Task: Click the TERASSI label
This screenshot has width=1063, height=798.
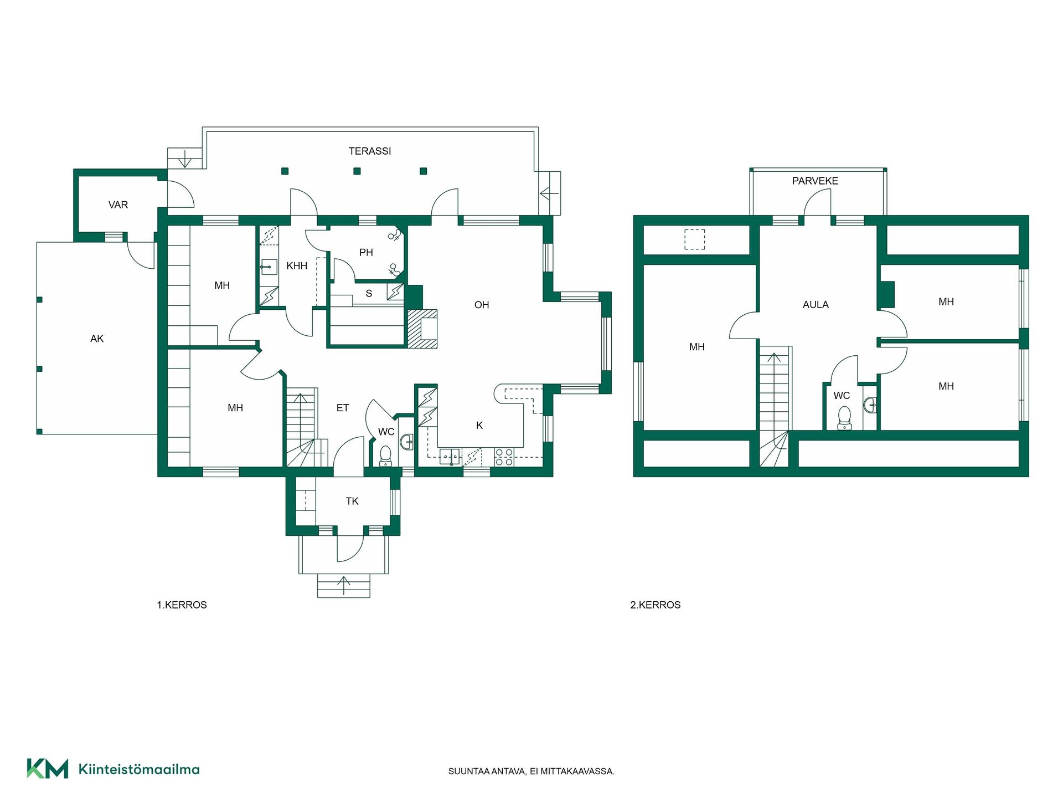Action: (x=370, y=151)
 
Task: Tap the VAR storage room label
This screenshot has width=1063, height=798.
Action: (x=118, y=205)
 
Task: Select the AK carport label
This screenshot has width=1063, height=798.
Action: (x=97, y=339)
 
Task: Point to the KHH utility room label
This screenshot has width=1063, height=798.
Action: (x=297, y=266)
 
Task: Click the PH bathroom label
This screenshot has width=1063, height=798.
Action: (x=366, y=253)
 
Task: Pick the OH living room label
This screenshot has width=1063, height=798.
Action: (x=482, y=305)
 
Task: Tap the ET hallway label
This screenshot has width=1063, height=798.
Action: (x=343, y=408)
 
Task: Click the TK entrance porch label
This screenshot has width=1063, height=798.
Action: (x=352, y=501)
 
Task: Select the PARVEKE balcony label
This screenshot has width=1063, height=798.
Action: (x=815, y=181)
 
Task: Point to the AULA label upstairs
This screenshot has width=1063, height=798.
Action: (x=816, y=305)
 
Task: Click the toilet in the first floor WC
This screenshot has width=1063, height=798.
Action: (x=385, y=456)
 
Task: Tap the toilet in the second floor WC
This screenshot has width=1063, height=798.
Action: (x=844, y=418)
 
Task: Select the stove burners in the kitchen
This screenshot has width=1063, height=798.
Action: (x=504, y=457)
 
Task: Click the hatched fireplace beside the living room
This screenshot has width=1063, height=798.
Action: (x=422, y=329)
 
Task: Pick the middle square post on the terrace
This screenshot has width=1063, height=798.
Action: (x=357, y=171)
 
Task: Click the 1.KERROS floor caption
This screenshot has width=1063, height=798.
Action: (x=182, y=605)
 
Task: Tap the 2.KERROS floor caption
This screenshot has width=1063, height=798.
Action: (x=656, y=605)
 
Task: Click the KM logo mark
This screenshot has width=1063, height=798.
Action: (x=48, y=769)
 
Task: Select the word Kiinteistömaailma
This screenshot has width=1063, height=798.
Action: (x=139, y=769)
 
